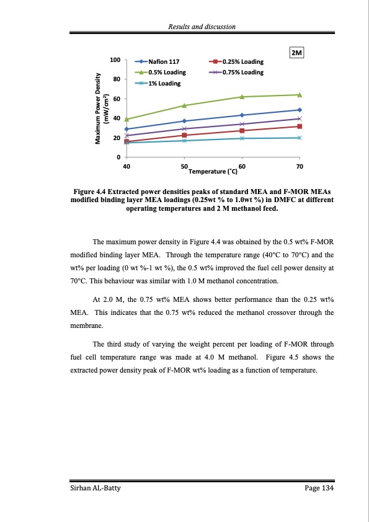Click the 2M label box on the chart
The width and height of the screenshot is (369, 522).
[x=296, y=53]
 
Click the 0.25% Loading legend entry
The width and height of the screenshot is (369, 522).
[x=238, y=62]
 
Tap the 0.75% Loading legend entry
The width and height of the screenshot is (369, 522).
[x=238, y=73]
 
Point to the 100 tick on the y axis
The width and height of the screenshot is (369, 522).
[x=115, y=60]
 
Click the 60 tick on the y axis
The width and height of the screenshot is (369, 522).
[x=117, y=99]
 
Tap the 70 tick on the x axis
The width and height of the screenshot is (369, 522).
[x=300, y=167]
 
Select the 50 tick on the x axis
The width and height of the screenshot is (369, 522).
[x=184, y=167]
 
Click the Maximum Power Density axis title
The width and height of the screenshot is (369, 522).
[x=100, y=108]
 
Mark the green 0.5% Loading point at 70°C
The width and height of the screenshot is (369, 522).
[x=300, y=95]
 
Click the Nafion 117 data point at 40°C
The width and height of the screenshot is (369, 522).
[x=127, y=129]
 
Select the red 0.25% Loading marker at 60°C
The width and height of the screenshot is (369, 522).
[x=242, y=130]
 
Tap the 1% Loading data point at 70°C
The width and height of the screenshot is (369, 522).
[x=300, y=138]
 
